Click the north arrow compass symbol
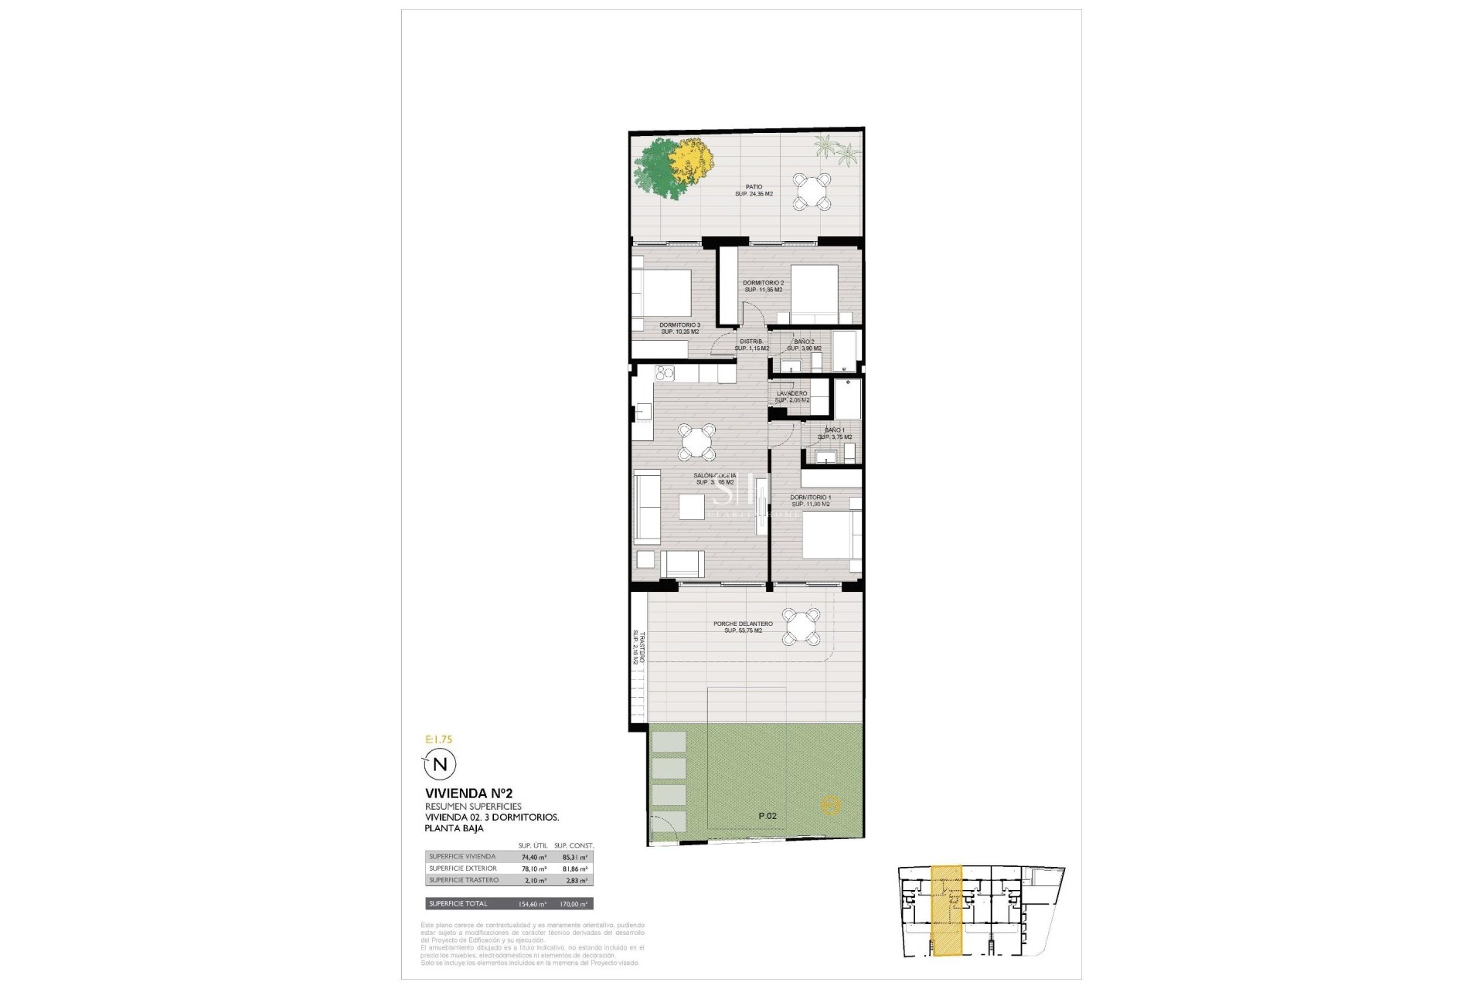[x=440, y=765]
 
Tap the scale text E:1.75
[x=439, y=739]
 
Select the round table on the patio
[x=813, y=192]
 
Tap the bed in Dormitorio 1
[x=832, y=534]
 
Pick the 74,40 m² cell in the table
[x=533, y=857]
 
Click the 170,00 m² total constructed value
[x=573, y=904]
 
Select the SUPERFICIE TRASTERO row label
[x=464, y=880]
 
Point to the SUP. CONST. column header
[x=574, y=845]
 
